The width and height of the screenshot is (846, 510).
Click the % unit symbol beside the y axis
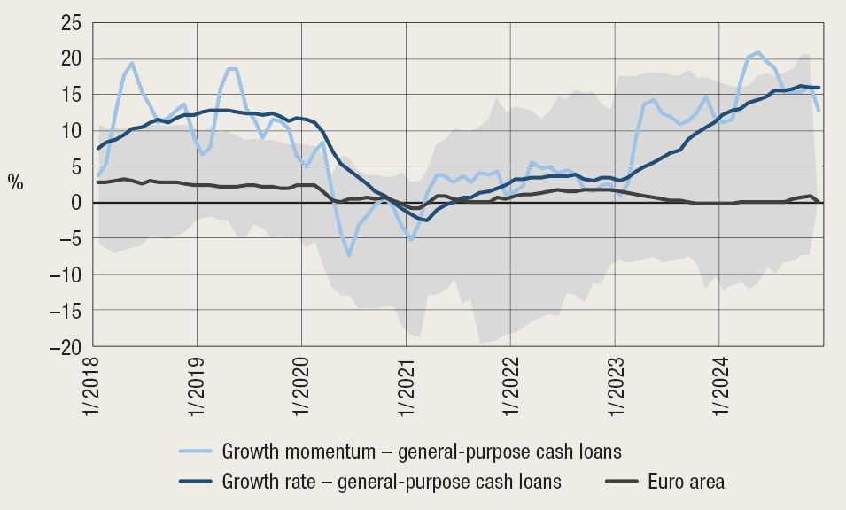[x=16, y=182]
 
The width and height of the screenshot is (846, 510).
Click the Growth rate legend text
[x=392, y=482]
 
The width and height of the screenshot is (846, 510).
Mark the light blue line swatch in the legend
[x=198, y=452]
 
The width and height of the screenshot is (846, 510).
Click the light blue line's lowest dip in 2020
[x=350, y=255]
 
